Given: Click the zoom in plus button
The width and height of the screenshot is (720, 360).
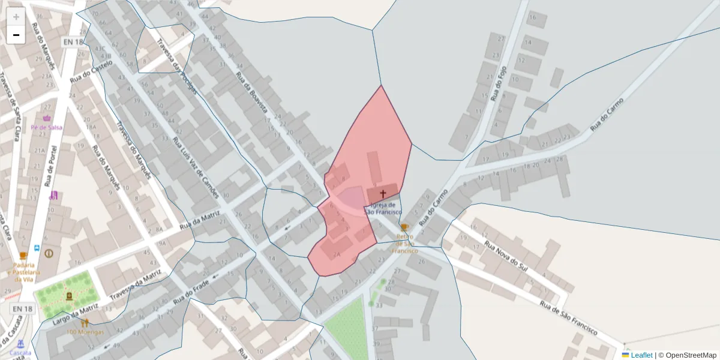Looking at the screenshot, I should point(16,17).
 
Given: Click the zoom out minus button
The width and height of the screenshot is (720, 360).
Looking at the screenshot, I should point(16,35).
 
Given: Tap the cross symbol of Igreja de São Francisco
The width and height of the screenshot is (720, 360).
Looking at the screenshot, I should point(383,194).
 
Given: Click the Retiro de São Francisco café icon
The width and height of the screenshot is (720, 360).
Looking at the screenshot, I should point(404,227).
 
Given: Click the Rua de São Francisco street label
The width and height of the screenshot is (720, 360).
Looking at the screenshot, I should point(568,318).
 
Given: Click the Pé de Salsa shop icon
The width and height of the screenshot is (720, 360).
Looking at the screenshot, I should point(47,118).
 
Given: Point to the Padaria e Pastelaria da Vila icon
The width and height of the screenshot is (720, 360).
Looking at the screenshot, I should point(23,256).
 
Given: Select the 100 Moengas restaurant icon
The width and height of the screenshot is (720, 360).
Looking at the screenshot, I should point(85,323).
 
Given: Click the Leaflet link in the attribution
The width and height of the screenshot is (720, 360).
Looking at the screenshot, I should point(641,355).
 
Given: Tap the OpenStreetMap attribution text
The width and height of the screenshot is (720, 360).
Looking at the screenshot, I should point(691,355).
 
